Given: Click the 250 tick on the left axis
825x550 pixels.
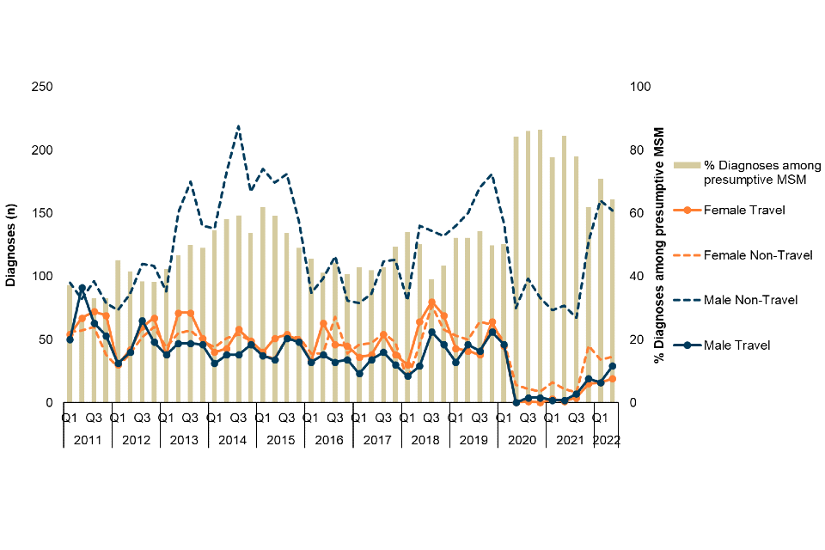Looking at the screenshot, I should pyautogui.click(x=42, y=87).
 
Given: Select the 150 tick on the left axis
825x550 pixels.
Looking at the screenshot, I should pyautogui.click(x=42, y=213).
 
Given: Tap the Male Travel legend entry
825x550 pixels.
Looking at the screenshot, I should pyautogui.click(x=736, y=345).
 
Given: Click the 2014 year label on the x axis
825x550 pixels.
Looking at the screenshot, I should pyautogui.click(x=233, y=440).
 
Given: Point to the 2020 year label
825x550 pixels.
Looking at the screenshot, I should pyautogui.click(x=522, y=440).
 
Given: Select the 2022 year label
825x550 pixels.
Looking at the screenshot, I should pyautogui.click(x=607, y=440).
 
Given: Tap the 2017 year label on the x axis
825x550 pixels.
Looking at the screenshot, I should pyautogui.click(x=377, y=440).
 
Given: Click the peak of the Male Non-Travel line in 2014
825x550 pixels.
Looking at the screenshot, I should pyautogui.click(x=238, y=126).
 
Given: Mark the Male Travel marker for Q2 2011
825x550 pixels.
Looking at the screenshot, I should pyautogui.click(x=82, y=288).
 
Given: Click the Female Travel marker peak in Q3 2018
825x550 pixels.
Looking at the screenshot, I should pyautogui.click(x=431, y=302).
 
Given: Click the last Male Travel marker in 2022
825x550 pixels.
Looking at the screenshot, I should pyautogui.click(x=613, y=366).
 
